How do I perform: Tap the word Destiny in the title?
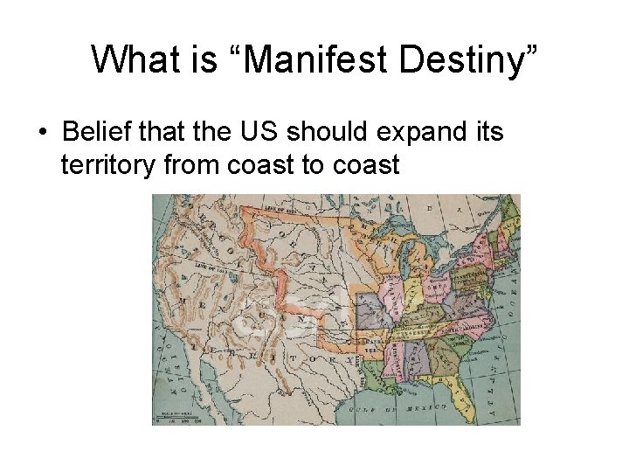pos(467,59)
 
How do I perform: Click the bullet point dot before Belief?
pos(41,134)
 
